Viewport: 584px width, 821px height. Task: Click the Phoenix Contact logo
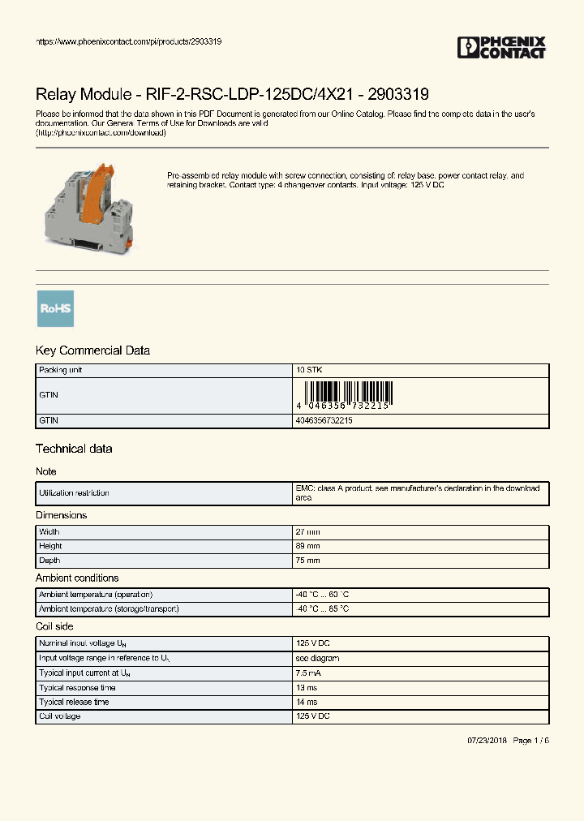(x=501, y=48)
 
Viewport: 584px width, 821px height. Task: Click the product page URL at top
(x=129, y=41)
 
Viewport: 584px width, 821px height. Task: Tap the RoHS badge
(x=55, y=308)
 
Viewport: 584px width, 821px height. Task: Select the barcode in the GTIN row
(x=344, y=396)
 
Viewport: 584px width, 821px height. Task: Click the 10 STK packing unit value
(x=309, y=370)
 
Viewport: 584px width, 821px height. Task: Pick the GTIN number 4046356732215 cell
(x=324, y=421)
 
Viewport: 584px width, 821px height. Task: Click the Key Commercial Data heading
(x=92, y=350)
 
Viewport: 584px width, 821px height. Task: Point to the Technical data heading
(x=74, y=449)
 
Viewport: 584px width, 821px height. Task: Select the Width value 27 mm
(x=308, y=531)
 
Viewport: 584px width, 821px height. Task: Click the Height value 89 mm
(x=308, y=546)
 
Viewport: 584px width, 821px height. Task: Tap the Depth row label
(x=50, y=561)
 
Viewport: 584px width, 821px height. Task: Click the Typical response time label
(x=78, y=687)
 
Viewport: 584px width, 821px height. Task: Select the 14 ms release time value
(x=307, y=702)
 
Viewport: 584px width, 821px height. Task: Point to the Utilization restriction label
(x=75, y=492)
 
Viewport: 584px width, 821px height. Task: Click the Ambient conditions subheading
(x=77, y=578)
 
